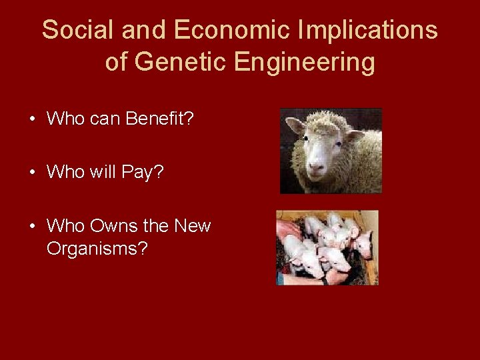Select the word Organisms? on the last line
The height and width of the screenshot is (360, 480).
[97, 249]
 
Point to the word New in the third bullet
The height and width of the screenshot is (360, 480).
[192, 226]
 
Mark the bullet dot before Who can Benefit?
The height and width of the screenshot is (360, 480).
[32, 120]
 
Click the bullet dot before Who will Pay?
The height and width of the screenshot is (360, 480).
[32, 173]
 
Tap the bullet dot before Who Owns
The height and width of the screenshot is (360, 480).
[32, 227]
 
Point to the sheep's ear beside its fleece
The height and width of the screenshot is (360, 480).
[354, 135]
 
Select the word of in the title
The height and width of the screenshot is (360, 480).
[116, 63]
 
